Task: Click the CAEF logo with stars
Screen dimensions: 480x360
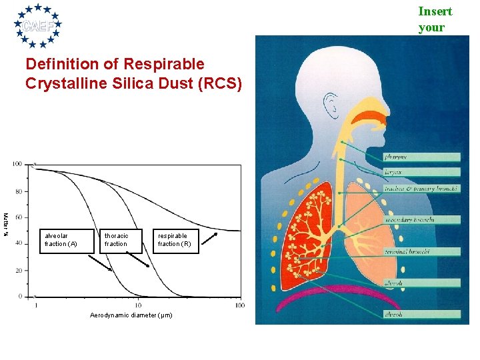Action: point(39,25)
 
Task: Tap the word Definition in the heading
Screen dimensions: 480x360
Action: point(57,65)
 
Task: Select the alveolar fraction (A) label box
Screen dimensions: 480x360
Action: point(61,240)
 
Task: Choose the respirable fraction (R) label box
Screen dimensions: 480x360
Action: point(175,240)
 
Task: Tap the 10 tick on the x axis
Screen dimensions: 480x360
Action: point(138,305)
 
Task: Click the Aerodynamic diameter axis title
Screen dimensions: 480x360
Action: point(131,315)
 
